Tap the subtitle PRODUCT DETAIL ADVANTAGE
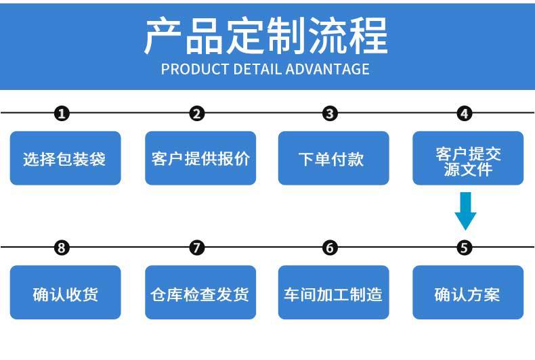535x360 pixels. click(x=265, y=69)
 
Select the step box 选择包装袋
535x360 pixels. click(x=65, y=158)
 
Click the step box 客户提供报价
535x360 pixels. click(x=200, y=158)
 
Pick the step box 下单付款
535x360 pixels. click(x=333, y=158)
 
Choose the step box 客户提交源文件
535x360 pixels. click(x=468, y=158)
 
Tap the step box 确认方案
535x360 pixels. click(x=468, y=292)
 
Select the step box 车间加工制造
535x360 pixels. click(x=333, y=292)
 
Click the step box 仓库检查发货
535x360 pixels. click(x=200, y=292)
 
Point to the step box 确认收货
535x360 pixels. click(x=65, y=292)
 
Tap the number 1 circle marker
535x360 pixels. click(x=62, y=114)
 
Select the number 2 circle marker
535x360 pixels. click(x=197, y=114)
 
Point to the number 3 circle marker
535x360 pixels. click(x=330, y=114)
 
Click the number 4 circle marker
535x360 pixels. click(x=465, y=114)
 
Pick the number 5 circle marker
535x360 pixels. click(x=465, y=248)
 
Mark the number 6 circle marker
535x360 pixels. click(x=330, y=248)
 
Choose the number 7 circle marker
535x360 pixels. click(x=197, y=248)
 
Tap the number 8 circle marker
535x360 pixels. click(x=62, y=248)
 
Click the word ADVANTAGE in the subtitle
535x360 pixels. click(x=327, y=69)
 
